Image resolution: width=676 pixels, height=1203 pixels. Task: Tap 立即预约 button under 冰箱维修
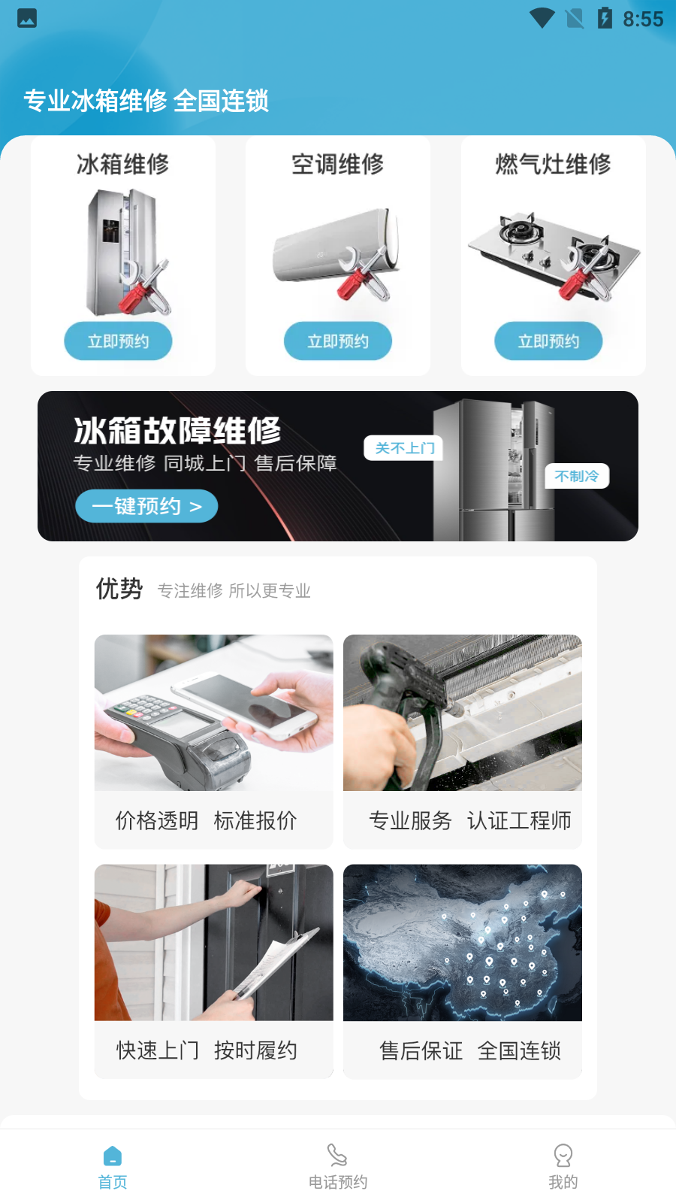tap(118, 341)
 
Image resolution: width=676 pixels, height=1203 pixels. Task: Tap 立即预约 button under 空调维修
tap(338, 341)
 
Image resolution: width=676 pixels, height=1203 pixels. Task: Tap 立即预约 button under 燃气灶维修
tap(548, 341)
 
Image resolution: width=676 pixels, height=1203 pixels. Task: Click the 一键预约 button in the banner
tap(146, 506)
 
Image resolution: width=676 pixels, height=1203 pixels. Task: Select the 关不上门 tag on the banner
tap(404, 448)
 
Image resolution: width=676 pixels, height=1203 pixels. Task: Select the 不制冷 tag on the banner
tap(576, 476)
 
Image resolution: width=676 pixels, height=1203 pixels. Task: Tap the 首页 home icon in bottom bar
tap(113, 1156)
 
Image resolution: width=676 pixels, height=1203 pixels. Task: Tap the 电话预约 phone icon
tap(338, 1156)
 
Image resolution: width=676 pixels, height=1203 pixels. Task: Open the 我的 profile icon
tap(563, 1156)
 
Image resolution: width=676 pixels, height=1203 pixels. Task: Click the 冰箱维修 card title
tap(122, 164)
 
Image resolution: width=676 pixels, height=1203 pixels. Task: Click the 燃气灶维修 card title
tap(553, 164)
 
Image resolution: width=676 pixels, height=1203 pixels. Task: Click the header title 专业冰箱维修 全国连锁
tap(146, 100)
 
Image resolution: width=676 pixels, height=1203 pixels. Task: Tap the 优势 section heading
tap(119, 589)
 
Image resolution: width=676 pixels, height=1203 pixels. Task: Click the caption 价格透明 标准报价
tap(206, 820)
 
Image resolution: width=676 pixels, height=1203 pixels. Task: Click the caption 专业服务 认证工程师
tap(470, 820)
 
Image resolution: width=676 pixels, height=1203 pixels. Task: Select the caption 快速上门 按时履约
tap(206, 1050)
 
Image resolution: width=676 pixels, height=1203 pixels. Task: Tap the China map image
tap(463, 942)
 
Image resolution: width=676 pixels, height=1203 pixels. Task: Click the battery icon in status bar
tap(605, 18)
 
